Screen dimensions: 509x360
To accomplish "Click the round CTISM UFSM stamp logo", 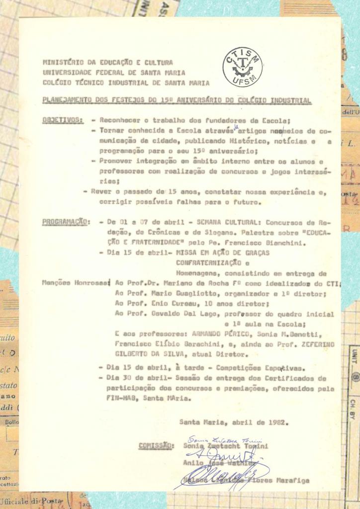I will coord(242,67).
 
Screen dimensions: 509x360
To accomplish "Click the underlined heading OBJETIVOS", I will coord(63,120).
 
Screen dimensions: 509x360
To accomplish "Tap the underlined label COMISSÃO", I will coord(156,445).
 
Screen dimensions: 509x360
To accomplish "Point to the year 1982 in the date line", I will coord(280,423).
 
